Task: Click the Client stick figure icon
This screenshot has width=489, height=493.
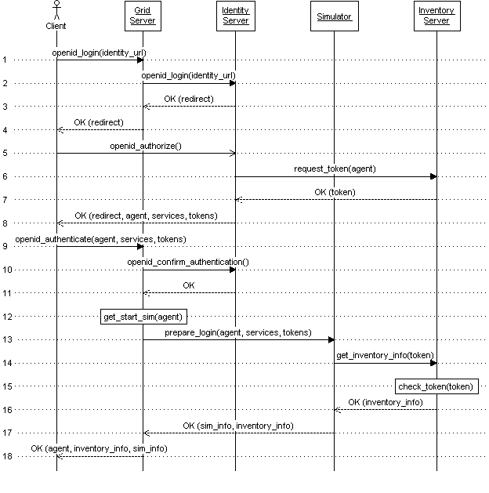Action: click(56, 11)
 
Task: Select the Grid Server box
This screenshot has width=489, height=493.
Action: click(143, 16)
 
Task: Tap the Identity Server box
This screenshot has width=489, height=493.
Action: click(235, 16)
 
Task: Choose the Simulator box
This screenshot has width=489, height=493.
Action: click(334, 16)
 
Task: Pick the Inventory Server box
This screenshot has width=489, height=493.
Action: click(436, 16)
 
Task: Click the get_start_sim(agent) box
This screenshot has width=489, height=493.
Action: click(143, 317)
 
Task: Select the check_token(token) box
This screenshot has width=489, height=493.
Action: click(436, 386)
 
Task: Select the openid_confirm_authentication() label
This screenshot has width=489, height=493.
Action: click(188, 261)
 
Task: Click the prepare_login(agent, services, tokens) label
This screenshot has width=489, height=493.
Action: click(237, 332)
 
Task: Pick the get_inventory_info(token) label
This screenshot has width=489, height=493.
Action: click(384, 355)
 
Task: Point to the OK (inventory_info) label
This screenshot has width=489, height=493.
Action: click(386, 401)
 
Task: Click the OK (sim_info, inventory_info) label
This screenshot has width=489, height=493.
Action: click(238, 425)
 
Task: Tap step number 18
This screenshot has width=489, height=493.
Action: click(5, 456)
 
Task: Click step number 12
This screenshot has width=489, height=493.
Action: click(5, 317)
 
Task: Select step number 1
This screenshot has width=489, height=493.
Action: click(5, 60)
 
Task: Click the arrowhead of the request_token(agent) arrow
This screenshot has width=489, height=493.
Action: click(433, 176)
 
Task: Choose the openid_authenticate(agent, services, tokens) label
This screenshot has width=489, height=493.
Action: click(100, 238)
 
